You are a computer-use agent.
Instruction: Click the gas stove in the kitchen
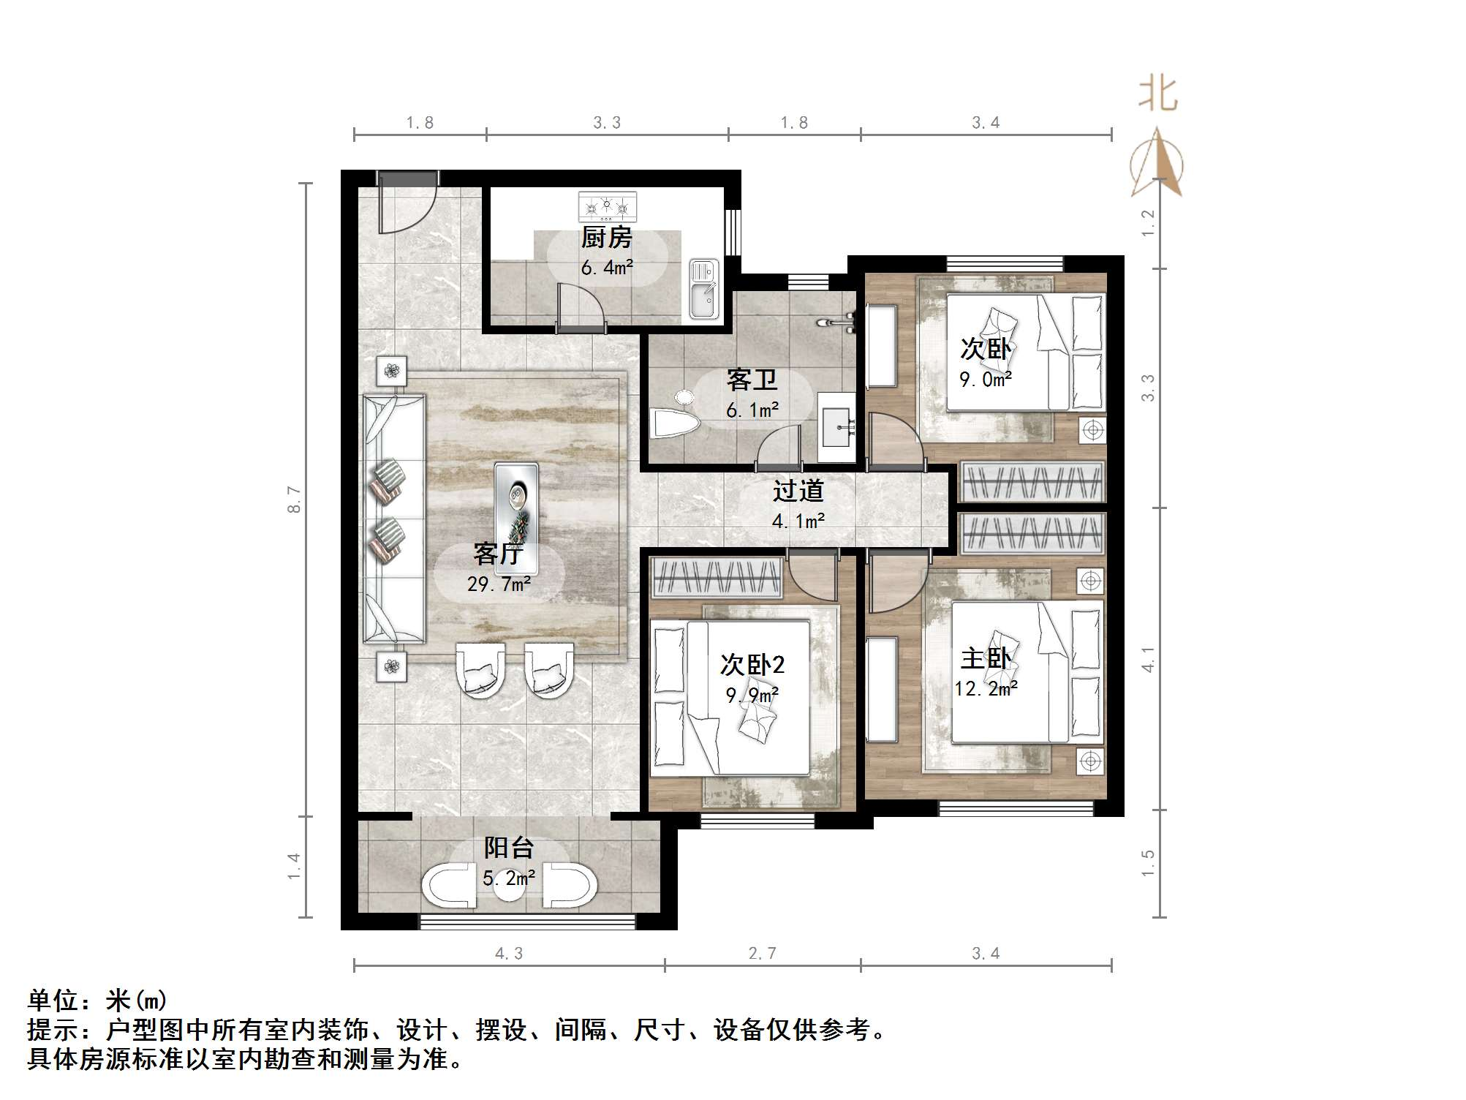point(607,207)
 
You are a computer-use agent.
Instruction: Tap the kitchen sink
point(704,290)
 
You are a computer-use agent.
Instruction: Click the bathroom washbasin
point(836,427)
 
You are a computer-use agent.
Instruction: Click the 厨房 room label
point(606,238)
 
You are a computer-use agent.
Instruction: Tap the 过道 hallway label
point(798,491)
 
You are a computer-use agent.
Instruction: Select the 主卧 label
point(986,658)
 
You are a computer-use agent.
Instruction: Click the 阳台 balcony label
point(509,847)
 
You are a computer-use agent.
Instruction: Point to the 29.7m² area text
point(499,584)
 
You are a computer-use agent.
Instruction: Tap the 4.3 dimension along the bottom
point(509,953)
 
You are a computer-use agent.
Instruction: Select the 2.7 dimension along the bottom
point(762,953)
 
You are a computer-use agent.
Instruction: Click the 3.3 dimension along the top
point(607,123)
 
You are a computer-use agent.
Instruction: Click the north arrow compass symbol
point(1157,162)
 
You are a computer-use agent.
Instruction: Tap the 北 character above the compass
point(1157,94)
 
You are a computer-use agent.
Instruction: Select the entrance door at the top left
point(407,203)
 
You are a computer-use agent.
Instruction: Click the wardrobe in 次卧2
point(717,576)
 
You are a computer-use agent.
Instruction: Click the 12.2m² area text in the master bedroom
point(986,688)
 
